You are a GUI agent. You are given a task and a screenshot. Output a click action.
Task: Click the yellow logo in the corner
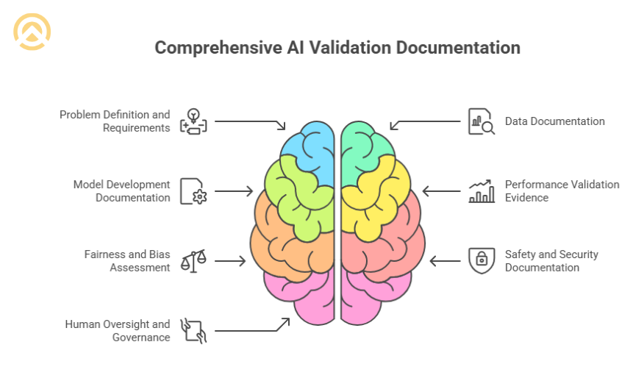tap(32, 32)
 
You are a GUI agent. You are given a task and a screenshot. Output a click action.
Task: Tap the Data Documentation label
tap(554, 121)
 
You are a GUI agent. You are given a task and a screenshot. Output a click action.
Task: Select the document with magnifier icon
tap(482, 121)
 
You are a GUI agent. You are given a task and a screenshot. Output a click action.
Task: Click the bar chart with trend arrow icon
tap(482, 191)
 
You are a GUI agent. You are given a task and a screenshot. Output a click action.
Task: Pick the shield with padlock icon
tap(482, 260)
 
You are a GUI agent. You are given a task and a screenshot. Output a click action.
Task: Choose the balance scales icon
tap(193, 260)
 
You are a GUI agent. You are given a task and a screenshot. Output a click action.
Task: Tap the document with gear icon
tap(193, 191)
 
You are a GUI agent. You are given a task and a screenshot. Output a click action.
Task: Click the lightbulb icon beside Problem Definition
tap(193, 121)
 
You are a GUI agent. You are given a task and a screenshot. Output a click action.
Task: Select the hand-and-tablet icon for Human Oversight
tap(193, 330)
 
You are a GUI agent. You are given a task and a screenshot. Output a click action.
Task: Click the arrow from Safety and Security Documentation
tap(444, 260)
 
